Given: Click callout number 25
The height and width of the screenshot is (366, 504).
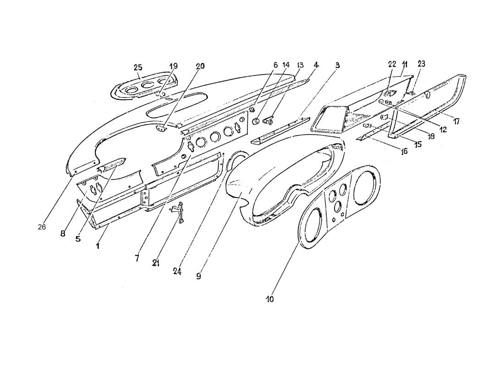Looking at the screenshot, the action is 138,68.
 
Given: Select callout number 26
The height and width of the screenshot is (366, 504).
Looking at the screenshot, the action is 42,227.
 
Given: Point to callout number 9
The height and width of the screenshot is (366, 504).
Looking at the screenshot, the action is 198,276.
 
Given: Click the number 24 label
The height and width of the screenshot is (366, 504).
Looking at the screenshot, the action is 177,272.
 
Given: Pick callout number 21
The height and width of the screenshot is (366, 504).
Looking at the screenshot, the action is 156,263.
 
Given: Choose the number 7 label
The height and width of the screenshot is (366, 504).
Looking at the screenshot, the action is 137,258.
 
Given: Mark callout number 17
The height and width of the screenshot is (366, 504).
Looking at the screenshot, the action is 456,121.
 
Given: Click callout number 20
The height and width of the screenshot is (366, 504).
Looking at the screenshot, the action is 200,66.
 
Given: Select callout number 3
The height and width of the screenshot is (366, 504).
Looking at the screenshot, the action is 337,65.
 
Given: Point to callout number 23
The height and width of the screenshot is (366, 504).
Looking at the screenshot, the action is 422,64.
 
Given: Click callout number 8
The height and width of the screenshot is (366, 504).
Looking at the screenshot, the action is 63,233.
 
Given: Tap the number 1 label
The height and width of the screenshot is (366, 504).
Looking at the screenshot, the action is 98,246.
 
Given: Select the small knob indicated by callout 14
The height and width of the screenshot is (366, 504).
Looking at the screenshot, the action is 256,121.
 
